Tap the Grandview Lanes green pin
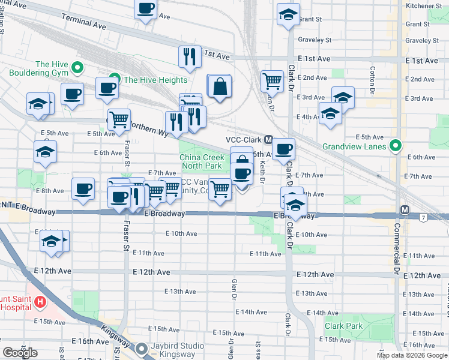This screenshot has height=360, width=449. click(x=395, y=145)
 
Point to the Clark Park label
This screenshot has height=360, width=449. click(x=343, y=326)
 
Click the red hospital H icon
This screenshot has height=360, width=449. click(x=40, y=301)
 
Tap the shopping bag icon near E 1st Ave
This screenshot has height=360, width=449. click(x=220, y=86)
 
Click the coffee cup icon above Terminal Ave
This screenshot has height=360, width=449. click(x=145, y=9)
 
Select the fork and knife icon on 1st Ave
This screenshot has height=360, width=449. click(x=190, y=56)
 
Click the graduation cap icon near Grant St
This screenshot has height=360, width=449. click(x=288, y=14)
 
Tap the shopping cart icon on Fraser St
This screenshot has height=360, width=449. click(x=119, y=119)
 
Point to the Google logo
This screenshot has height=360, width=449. click(x=20, y=352)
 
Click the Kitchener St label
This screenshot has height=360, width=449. click(x=423, y=5)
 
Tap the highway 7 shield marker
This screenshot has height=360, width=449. click(x=424, y=216)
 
